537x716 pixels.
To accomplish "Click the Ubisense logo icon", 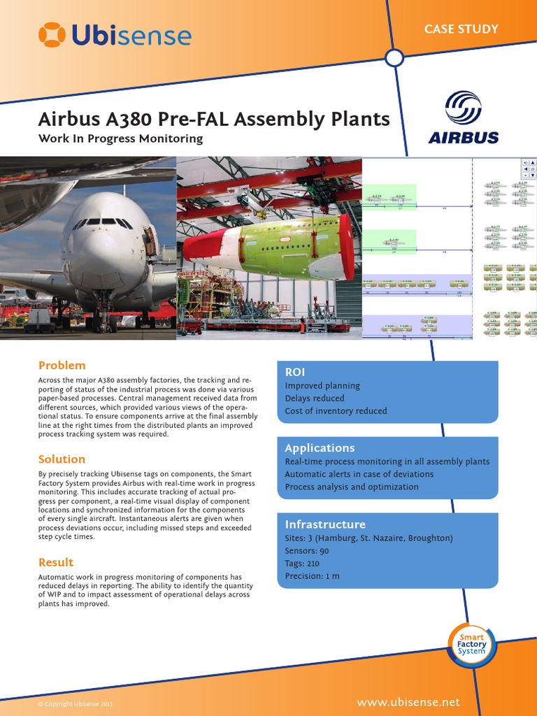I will [53, 35].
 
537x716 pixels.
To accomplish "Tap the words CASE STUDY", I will [461, 29].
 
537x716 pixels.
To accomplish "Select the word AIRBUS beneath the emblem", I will [463, 137].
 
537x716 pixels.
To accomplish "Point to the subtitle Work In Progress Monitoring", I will [120, 138].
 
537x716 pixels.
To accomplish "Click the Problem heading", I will [62, 365].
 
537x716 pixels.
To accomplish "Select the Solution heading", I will [62, 459].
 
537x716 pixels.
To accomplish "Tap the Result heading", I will [55, 562].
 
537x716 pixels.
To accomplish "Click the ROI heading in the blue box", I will [295, 372].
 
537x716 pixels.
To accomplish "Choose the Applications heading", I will [320, 447].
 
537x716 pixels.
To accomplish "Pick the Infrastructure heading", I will [325, 524].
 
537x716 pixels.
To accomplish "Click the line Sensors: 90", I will [307, 551].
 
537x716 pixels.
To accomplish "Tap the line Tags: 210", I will [301, 564].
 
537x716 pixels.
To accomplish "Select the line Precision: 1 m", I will [313, 576].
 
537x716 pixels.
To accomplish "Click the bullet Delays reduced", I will [315, 399].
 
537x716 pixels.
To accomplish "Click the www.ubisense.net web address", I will [408, 702].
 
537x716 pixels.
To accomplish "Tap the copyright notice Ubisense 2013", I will [75, 703].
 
